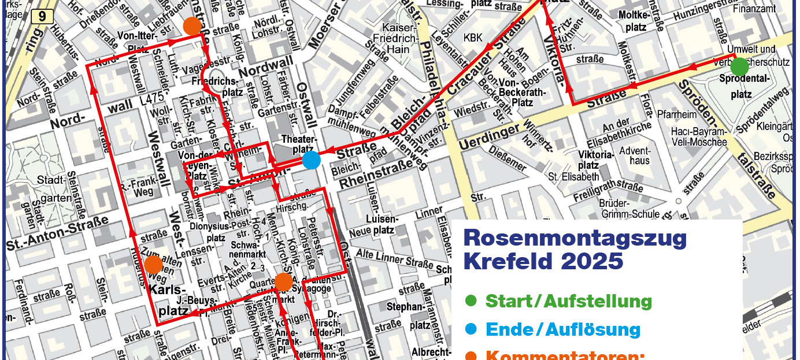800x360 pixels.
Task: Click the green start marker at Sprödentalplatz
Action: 739,67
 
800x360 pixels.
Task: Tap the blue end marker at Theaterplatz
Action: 311,160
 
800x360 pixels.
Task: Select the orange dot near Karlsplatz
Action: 153,264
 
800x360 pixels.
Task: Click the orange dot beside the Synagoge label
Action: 283,282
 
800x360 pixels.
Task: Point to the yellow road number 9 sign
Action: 39,17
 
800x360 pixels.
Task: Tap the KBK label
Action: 472,38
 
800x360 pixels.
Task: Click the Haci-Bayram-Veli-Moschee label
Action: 699,137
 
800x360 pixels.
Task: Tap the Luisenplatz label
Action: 382,224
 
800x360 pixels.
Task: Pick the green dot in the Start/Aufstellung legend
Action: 471,300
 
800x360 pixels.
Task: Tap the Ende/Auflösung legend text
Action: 563,329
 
